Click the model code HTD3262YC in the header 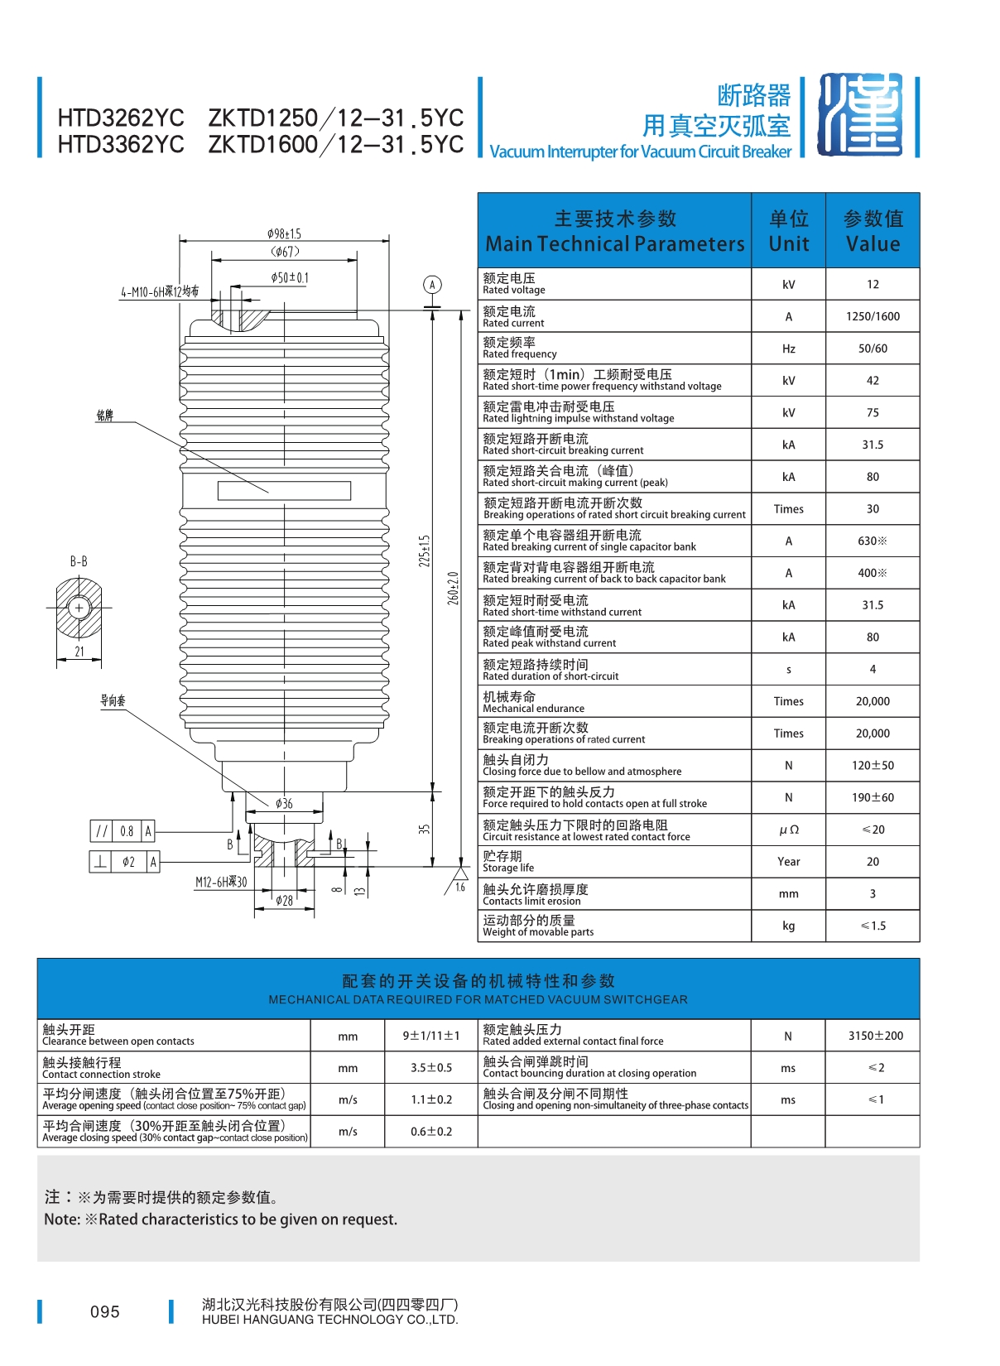coord(121,118)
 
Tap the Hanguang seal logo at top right coord(860,114)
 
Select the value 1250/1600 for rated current coord(873,316)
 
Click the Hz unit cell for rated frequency coord(788,349)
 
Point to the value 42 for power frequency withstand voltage coord(873,381)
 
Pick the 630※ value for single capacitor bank coord(873,541)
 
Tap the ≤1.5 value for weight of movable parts coord(873,926)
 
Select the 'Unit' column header coord(788,244)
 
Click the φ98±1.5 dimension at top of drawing coord(284,233)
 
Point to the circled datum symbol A coord(432,285)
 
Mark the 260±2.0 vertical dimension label coord(453,588)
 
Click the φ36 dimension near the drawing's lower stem coord(284,803)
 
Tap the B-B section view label coord(79,561)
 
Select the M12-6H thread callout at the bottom coord(221,882)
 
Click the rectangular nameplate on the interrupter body coord(284,490)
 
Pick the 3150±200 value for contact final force coord(876,1036)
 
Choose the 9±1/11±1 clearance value coord(431,1036)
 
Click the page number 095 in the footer coord(105,1311)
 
